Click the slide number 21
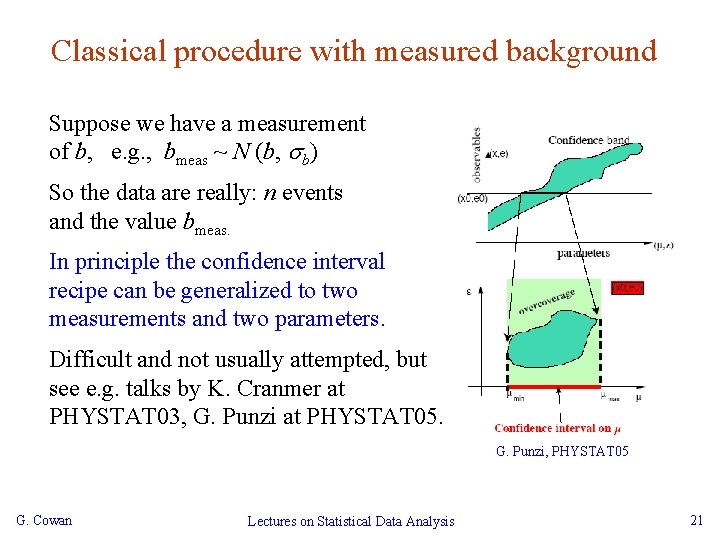[x=697, y=520]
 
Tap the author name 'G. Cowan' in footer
[x=44, y=520]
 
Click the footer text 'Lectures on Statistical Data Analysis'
[x=350, y=521]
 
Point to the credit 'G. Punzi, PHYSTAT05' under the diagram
[x=562, y=452]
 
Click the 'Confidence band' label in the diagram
[x=588, y=140]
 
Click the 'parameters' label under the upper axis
[x=584, y=254]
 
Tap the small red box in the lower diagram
[x=627, y=287]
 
